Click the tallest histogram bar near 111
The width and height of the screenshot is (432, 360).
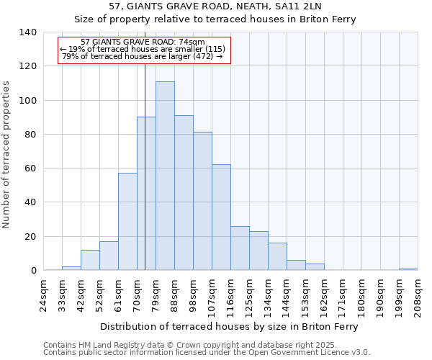tap(165, 176)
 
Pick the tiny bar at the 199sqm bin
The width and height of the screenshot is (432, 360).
tap(408, 269)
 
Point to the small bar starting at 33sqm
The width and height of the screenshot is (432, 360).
tap(71, 269)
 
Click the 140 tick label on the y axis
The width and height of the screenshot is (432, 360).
tap(28, 32)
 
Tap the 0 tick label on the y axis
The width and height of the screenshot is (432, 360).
tap(34, 271)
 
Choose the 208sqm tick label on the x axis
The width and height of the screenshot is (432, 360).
tap(418, 295)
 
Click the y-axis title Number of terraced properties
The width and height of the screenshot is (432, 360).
tap(7, 154)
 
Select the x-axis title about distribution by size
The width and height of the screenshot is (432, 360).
tap(230, 326)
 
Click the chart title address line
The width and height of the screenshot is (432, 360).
tap(215, 6)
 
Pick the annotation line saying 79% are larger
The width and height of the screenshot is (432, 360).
tap(143, 56)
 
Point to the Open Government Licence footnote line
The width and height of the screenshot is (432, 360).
tap(207, 353)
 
